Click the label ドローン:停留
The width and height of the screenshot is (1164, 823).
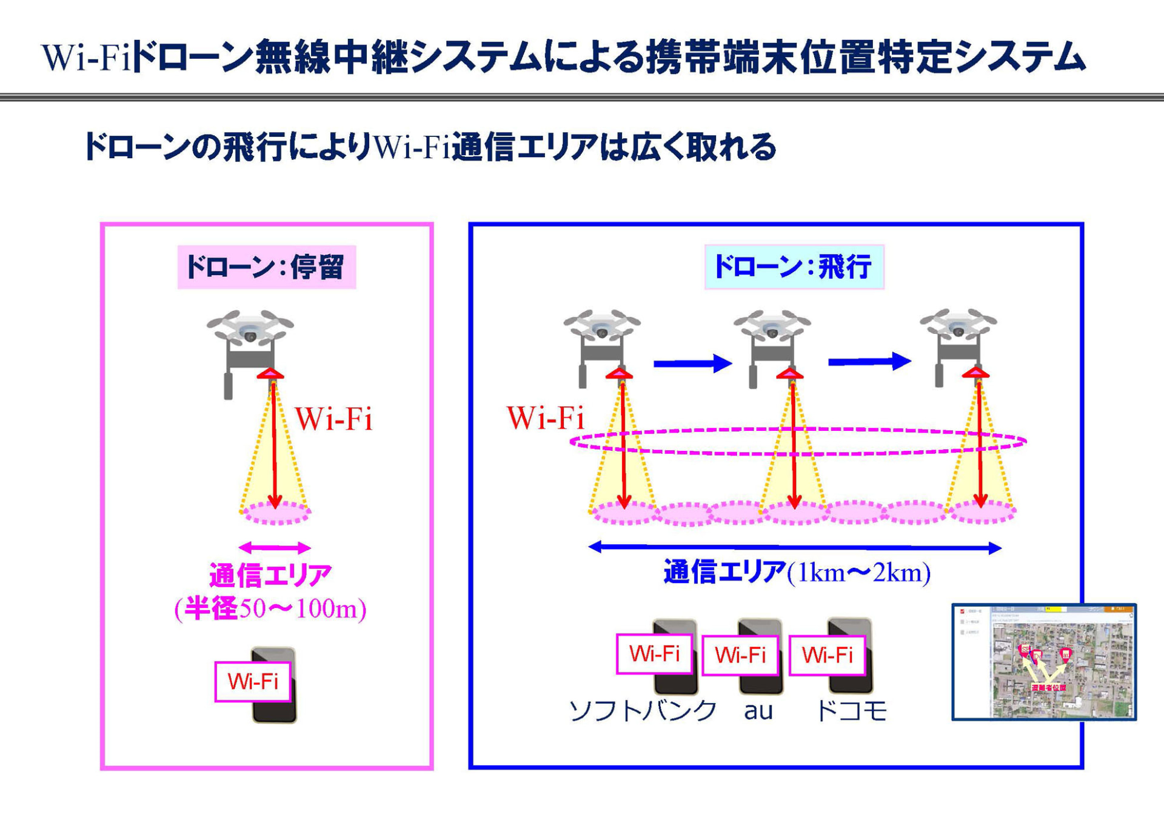(x=266, y=267)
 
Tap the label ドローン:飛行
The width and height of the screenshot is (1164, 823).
(x=794, y=267)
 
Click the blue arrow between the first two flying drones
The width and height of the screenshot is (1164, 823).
(x=692, y=364)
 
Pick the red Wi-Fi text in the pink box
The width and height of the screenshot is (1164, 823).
(x=333, y=419)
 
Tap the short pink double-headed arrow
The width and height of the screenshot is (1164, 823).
(x=275, y=548)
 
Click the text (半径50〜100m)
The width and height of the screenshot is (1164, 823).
(x=270, y=609)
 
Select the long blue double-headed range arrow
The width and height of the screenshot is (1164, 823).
(x=794, y=548)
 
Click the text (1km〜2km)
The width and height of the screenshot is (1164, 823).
(x=858, y=573)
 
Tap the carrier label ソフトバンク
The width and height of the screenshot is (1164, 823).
(x=643, y=711)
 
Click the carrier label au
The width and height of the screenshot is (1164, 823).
(x=758, y=711)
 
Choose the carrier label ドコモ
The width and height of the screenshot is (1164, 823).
(x=851, y=711)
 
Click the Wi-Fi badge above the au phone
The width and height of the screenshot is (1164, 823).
(x=740, y=655)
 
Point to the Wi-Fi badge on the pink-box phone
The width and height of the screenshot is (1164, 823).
(x=253, y=682)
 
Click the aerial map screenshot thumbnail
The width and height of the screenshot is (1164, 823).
(x=1043, y=662)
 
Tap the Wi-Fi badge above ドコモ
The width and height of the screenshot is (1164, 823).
(x=827, y=655)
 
